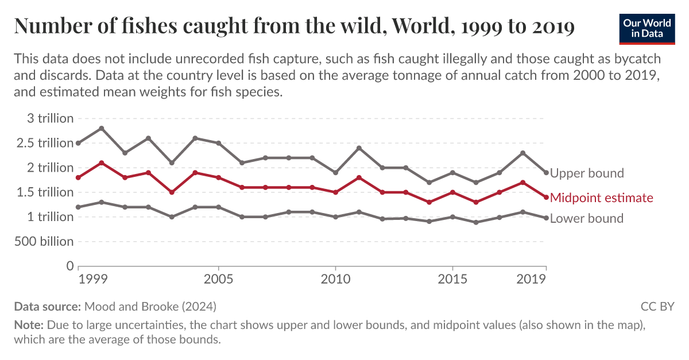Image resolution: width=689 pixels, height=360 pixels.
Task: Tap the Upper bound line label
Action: pos(586,173)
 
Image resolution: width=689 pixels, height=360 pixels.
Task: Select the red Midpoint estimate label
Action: pos(601,198)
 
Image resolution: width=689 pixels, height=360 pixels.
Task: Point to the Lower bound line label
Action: pos(586,218)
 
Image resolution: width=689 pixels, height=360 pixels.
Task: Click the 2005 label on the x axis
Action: pos(218,280)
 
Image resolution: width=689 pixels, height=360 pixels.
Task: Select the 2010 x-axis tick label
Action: pos(335,280)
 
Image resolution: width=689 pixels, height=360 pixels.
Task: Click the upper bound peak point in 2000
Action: pos(102,128)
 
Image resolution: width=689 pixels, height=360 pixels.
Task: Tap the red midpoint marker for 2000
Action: pos(102,163)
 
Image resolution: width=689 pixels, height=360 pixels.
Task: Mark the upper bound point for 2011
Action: pos(359,148)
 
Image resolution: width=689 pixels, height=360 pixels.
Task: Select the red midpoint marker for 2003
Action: pos(172,192)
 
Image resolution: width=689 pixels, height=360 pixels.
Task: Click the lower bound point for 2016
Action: pos(476,222)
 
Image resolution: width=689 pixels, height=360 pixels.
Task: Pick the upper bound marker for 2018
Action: pos(522,153)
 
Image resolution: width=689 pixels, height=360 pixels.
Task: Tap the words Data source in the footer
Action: pos(48,306)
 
